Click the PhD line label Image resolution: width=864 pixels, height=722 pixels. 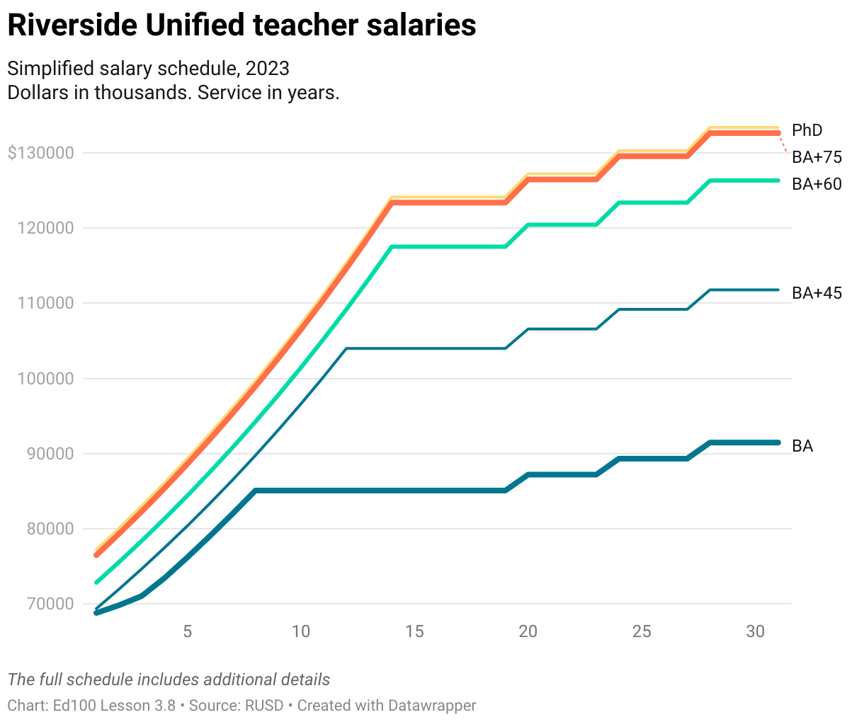point(807,130)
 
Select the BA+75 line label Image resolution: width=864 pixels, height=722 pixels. point(817,157)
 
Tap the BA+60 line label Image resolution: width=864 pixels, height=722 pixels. point(817,184)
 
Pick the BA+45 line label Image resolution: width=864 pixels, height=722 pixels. point(817,293)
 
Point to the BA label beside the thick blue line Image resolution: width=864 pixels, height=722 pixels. point(802,446)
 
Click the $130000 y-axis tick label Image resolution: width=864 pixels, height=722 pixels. point(40,153)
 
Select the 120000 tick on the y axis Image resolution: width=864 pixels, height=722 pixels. point(45,228)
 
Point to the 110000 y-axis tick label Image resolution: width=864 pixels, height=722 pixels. point(45,303)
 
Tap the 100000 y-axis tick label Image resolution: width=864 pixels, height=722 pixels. point(45,379)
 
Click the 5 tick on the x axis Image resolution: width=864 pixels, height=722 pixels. point(187,631)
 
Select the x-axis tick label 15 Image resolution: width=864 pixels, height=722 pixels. point(414,631)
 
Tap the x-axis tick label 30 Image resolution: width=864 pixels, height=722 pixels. point(755,631)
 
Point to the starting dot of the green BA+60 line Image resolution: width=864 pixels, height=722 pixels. point(97,582)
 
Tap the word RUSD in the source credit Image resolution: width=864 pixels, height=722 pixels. point(264,706)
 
